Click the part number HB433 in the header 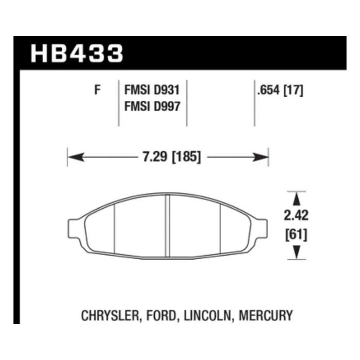click(77, 53)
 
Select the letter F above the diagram click(97, 90)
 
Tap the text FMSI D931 click(152, 90)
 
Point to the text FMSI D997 click(152, 106)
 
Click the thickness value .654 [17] click(280, 90)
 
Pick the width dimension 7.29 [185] click(172, 157)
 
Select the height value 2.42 click(296, 215)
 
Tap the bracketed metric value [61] click(296, 235)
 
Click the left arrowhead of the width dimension click(76, 157)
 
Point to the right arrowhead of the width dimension click(260, 157)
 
